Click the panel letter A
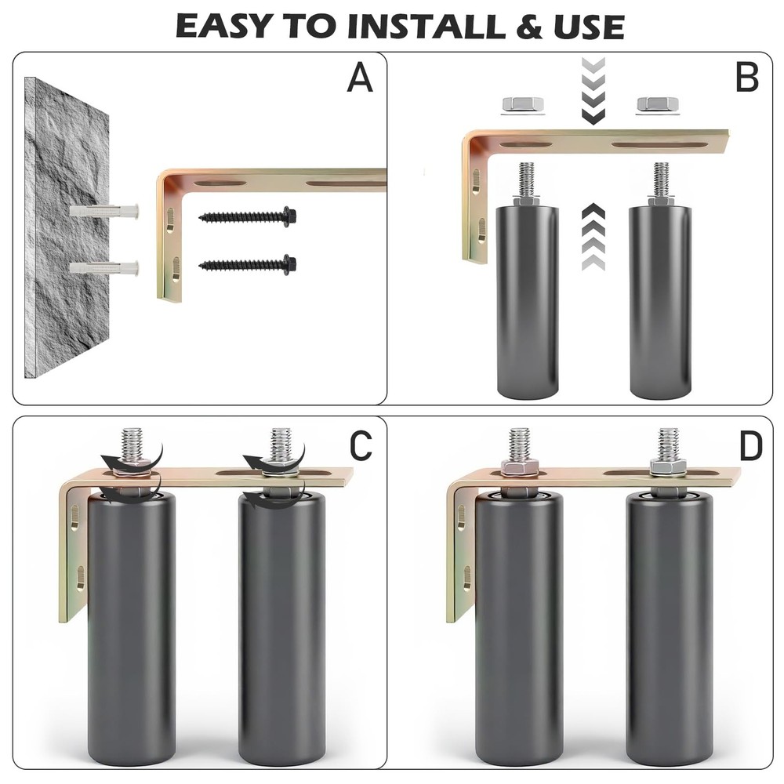click(x=360, y=78)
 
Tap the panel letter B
click(x=747, y=78)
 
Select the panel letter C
click(x=361, y=445)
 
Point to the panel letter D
click(x=750, y=446)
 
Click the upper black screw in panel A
click(x=248, y=216)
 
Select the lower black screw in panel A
click(x=248, y=264)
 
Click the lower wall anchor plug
click(x=104, y=268)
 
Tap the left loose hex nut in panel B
click(x=522, y=104)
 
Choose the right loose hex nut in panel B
click(x=658, y=104)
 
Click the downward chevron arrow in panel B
click(x=593, y=91)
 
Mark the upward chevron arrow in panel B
click(x=593, y=237)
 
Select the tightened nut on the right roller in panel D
click(x=669, y=468)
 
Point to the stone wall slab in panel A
click(x=67, y=227)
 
